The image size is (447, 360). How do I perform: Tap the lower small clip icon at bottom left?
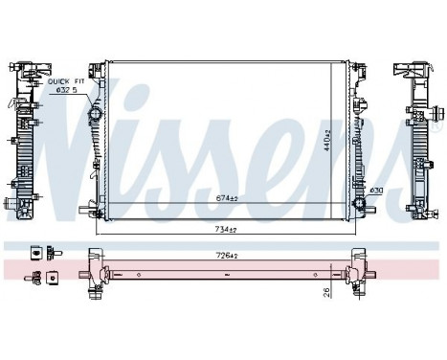coord(40,279)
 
